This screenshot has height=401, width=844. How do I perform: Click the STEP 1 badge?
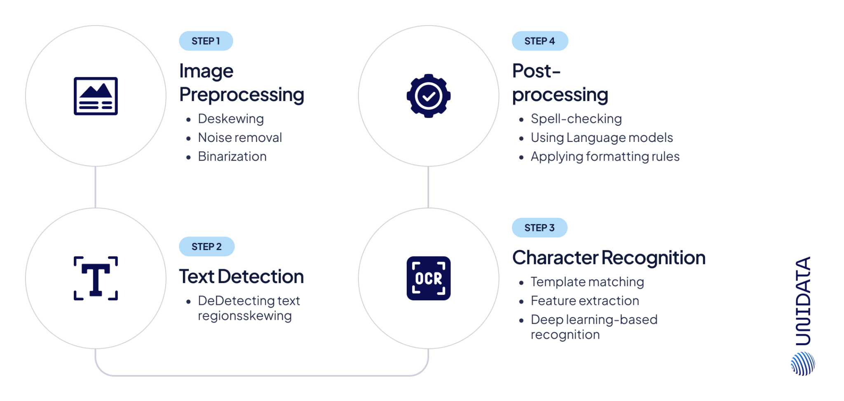(x=206, y=41)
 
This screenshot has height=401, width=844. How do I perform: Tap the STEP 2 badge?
(x=206, y=247)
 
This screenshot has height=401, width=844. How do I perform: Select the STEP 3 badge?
(x=539, y=228)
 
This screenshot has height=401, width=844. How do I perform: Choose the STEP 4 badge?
(x=539, y=41)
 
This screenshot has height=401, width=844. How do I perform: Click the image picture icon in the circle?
(x=96, y=96)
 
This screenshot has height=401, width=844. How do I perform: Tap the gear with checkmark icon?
(x=428, y=96)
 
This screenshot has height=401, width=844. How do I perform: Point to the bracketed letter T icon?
(x=96, y=278)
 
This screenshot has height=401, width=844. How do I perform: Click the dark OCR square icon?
(x=428, y=278)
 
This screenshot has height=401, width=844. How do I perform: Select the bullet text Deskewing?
(x=231, y=119)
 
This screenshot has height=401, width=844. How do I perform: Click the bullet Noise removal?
(x=240, y=138)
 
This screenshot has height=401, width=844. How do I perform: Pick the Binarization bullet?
(x=232, y=157)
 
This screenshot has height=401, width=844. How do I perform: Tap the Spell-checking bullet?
(x=576, y=119)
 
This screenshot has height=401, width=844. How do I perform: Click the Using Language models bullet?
(x=602, y=138)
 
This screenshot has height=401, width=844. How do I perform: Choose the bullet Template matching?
(x=587, y=282)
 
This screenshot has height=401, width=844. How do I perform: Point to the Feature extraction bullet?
(x=585, y=301)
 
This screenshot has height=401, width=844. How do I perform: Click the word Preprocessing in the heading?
(x=242, y=95)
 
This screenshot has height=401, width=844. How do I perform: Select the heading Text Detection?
(x=241, y=277)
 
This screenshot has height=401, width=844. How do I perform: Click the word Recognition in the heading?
(x=654, y=258)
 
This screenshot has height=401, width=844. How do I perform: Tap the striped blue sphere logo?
(x=803, y=363)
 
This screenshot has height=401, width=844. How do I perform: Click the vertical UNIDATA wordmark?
(x=803, y=301)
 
